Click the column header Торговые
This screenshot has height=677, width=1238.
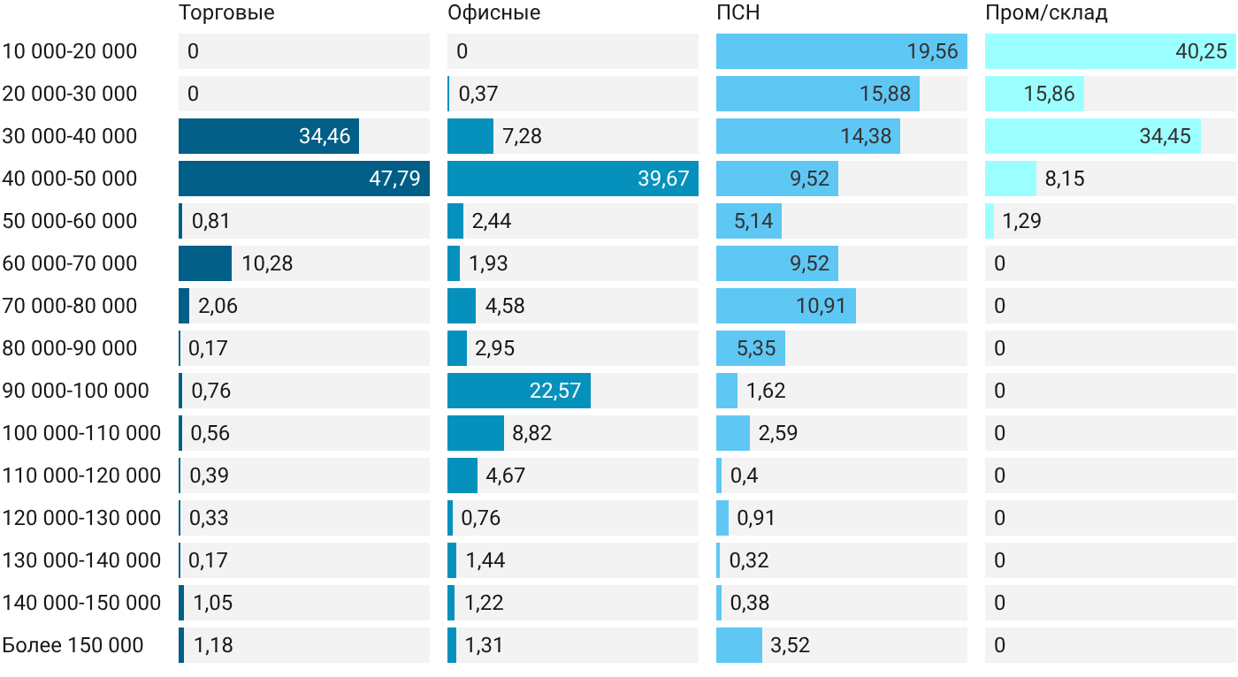coord(226,13)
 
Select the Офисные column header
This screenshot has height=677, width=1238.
coord(493,13)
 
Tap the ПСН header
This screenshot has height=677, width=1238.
coord(737,12)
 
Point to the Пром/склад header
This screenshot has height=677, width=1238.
coord(1046,13)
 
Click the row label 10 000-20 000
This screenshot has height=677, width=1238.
coord(70,51)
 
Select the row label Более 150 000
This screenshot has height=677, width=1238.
coord(73,645)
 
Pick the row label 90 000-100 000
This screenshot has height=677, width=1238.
coord(76,391)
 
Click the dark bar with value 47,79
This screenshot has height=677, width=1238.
coord(304,179)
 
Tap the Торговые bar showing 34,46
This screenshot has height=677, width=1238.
coord(269,136)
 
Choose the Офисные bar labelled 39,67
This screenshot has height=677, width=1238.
coord(573,179)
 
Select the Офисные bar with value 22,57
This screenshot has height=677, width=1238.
coord(519,391)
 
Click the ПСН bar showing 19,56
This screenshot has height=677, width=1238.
coord(842,51)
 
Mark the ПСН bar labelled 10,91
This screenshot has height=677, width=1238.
coord(786,306)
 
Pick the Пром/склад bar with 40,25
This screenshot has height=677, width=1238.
coord(1111,51)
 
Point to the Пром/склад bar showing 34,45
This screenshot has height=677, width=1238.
coord(1093,136)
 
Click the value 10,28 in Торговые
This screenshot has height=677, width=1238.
coord(267,263)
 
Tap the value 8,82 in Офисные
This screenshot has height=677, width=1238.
coord(531,433)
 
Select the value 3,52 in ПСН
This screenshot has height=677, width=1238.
coord(790,645)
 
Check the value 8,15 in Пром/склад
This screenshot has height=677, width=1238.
coord(1065,179)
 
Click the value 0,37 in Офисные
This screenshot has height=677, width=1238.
coord(478,94)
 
